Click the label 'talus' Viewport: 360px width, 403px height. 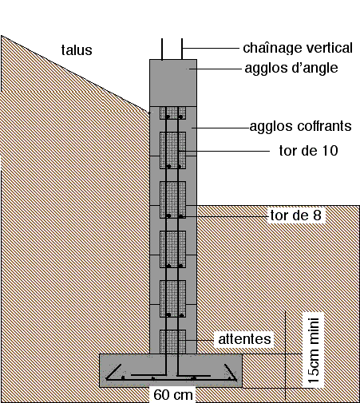(77, 50)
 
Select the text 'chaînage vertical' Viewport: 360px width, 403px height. (298, 48)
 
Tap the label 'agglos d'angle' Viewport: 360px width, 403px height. (291, 68)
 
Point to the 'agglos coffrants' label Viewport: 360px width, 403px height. (300, 126)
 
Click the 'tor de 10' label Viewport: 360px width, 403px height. (308, 151)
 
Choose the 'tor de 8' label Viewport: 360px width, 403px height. (296, 215)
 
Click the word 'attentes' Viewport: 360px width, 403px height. (244, 339)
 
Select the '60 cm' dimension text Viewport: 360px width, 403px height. (173, 395)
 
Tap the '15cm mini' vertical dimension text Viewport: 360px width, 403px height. (314, 350)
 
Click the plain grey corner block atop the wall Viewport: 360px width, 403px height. (173, 83)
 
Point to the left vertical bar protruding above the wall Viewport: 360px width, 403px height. (162, 49)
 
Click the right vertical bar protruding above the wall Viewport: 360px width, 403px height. (182, 49)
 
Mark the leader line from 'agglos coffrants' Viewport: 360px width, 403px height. (220, 128)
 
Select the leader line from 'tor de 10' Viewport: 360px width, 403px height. (224, 151)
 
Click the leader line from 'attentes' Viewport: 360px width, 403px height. (196, 340)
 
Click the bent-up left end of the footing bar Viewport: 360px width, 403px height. (114, 372)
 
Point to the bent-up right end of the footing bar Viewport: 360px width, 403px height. (231, 372)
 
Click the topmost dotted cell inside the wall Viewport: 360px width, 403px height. (173, 113)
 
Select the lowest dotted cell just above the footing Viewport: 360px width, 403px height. (173, 342)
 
